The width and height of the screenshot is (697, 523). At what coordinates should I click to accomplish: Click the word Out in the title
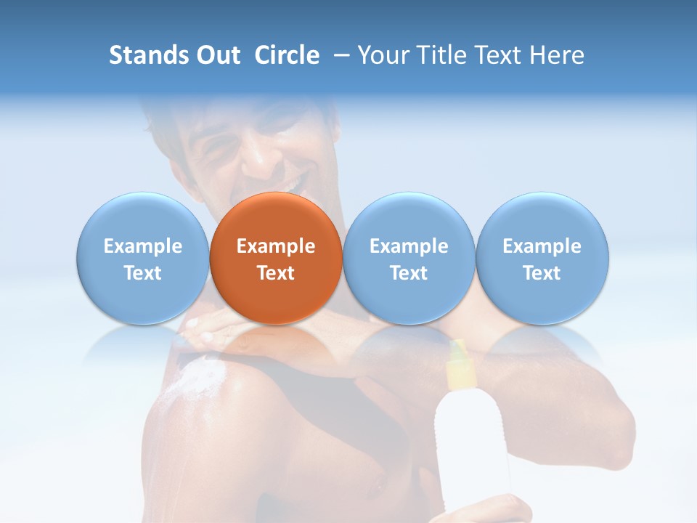[x=218, y=55]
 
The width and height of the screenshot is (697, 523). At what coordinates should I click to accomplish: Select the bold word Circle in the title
[x=287, y=55]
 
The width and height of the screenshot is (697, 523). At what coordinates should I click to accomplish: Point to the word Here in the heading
[x=558, y=55]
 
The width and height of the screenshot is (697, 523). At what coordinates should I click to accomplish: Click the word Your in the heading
[x=382, y=55]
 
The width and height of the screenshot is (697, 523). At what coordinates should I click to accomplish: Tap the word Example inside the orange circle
[x=276, y=246]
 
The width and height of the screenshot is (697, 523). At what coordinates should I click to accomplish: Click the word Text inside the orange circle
[x=276, y=273]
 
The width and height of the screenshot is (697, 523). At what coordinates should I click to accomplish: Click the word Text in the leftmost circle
[x=142, y=273]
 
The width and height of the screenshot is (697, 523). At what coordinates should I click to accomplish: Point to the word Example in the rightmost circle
[x=542, y=246]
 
